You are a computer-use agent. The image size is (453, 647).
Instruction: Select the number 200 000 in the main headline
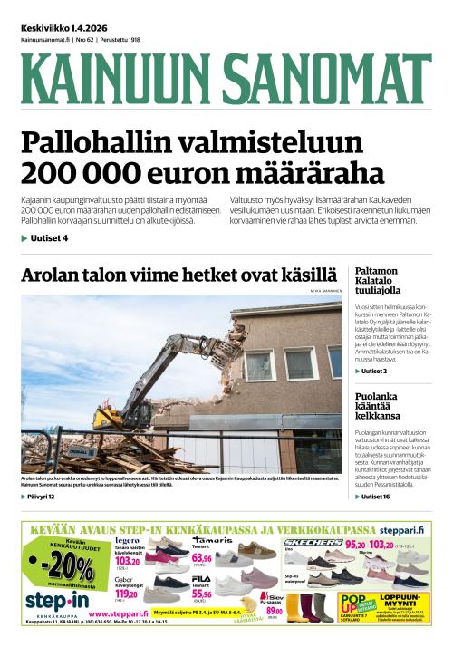coord(85,173)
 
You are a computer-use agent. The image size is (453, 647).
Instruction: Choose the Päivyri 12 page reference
coord(41,497)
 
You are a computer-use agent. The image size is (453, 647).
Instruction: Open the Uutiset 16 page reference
coord(374,497)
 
